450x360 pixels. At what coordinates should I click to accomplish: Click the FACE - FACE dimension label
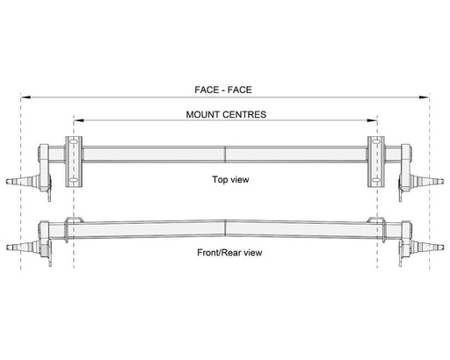pyautogui.click(x=223, y=90)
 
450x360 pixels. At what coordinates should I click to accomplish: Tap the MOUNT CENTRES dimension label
pyautogui.click(x=226, y=114)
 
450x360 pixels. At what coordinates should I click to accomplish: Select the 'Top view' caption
pyautogui.click(x=230, y=179)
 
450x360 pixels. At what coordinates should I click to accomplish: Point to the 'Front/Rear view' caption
pyautogui.click(x=229, y=253)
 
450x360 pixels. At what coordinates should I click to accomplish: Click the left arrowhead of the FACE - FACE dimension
pyautogui.click(x=25, y=97)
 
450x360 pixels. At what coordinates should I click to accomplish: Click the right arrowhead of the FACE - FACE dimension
pyautogui.click(x=425, y=97)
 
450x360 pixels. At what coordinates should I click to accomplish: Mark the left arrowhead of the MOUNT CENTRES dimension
pyautogui.click(x=79, y=120)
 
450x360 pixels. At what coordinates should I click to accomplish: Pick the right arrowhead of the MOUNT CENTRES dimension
pyautogui.click(x=372, y=120)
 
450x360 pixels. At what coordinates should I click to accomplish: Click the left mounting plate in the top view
pyautogui.click(x=74, y=162)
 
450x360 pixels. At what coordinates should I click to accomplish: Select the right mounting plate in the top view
pyautogui.click(x=376, y=162)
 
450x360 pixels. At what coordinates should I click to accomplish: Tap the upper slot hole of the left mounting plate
pyautogui.click(x=74, y=141)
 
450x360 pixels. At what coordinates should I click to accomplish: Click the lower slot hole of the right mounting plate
pyautogui.click(x=376, y=180)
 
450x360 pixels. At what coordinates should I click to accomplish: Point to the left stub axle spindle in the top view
pyautogui.click(x=22, y=181)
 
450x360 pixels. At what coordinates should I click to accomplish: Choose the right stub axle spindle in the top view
pyautogui.click(x=428, y=181)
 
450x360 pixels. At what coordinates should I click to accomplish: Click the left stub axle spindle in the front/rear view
pyautogui.click(x=23, y=247)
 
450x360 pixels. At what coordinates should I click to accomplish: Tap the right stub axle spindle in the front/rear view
pyautogui.click(x=427, y=247)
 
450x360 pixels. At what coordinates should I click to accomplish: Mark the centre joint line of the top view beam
pyautogui.click(x=225, y=155)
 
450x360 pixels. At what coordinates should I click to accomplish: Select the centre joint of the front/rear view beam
pyautogui.click(x=225, y=228)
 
